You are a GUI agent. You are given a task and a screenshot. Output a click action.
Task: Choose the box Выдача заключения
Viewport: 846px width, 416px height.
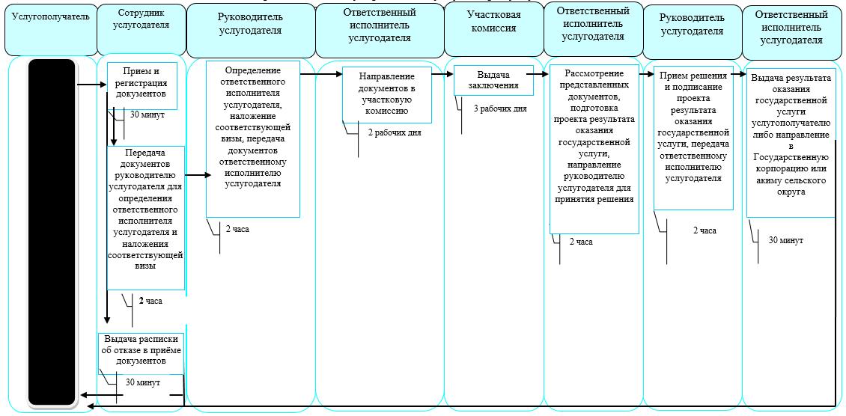click(x=493, y=80)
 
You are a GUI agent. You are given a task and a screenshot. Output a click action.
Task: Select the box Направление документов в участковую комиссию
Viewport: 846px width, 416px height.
click(x=387, y=94)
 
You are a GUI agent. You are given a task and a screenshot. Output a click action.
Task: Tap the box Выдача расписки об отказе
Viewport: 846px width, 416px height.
click(x=141, y=353)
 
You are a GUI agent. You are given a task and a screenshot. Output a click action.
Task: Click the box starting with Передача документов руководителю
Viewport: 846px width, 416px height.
click(x=146, y=218)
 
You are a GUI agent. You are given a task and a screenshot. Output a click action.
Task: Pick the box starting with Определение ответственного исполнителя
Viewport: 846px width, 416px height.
click(x=253, y=139)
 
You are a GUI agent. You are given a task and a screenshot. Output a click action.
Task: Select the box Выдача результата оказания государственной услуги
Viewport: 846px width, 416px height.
click(x=791, y=142)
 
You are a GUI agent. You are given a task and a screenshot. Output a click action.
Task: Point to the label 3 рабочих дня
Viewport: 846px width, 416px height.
click(x=500, y=108)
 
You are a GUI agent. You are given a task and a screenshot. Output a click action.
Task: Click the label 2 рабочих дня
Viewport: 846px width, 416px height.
click(x=395, y=132)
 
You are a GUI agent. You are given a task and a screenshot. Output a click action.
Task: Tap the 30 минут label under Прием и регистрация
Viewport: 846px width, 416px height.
click(x=147, y=114)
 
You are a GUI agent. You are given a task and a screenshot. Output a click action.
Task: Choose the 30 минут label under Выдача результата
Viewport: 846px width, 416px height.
click(x=786, y=240)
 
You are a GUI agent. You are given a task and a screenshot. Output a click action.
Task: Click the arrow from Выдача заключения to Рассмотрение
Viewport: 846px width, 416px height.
click(x=538, y=74)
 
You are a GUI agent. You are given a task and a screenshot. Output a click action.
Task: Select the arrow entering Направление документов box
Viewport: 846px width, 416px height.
click(x=321, y=74)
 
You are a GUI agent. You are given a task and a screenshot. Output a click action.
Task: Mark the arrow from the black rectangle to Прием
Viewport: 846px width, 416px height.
click(x=92, y=85)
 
